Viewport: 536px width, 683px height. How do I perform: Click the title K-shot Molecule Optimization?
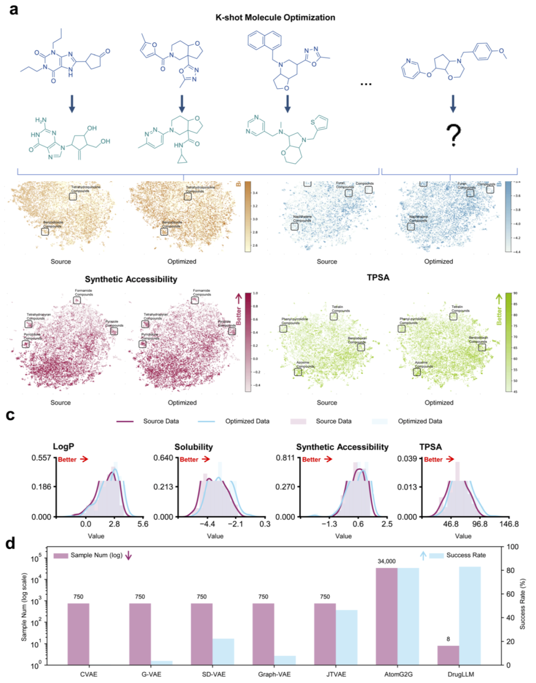click(275, 17)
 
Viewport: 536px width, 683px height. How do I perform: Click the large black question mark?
click(453, 135)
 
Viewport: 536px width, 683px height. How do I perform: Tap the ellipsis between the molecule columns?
click(366, 84)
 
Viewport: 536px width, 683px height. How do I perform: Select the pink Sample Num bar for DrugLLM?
click(448, 655)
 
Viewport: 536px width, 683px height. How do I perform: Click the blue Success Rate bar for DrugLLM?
click(470, 615)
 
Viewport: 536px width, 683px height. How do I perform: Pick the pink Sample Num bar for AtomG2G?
click(387, 616)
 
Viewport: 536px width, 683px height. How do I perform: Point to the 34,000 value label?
click(387, 561)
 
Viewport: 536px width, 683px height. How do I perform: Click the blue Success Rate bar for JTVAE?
click(346, 637)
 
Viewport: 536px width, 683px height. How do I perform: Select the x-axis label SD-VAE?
click(213, 674)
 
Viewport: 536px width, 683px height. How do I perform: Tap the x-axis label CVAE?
click(89, 674)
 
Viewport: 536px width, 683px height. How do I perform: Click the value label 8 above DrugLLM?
click(448, 639)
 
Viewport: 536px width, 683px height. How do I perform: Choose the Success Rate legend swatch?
click(436, 555)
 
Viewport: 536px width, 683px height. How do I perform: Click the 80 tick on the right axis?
click(510, 570)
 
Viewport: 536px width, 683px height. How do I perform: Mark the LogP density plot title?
click(64, 447)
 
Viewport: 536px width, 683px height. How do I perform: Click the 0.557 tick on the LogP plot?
click(41, 458)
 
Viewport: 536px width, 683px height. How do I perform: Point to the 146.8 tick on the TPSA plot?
click(509, 524)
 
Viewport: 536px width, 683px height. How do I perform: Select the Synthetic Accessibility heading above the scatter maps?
click(131, 279)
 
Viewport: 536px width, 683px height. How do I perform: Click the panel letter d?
click(10, 543)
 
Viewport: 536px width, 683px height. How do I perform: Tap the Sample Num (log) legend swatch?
click(61, 555)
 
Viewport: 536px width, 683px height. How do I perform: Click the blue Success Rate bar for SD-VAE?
click(223, 652)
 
